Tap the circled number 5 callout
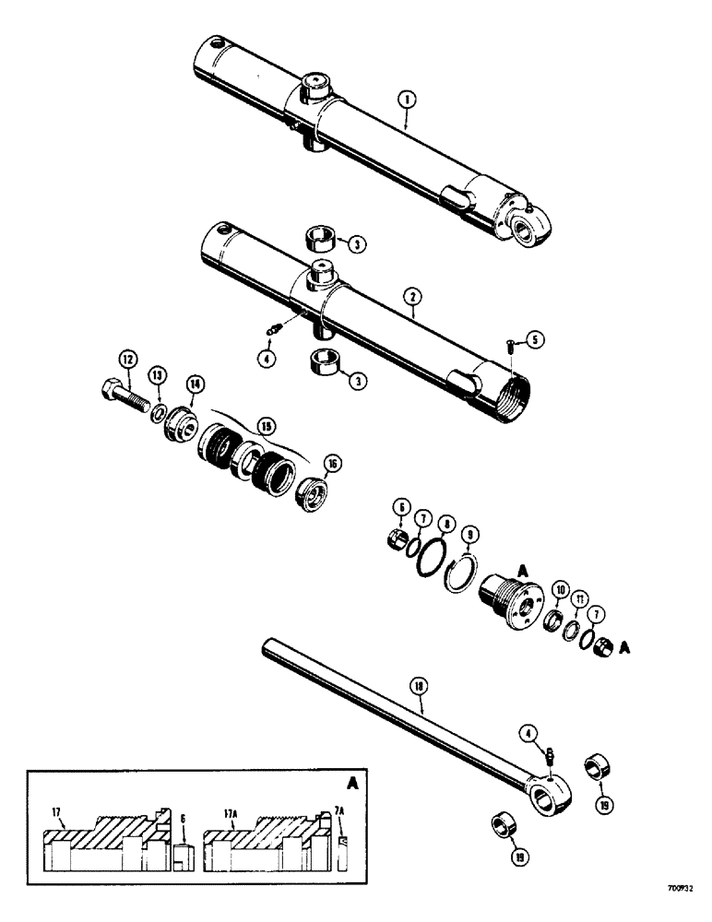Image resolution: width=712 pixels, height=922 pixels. point(535,340)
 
